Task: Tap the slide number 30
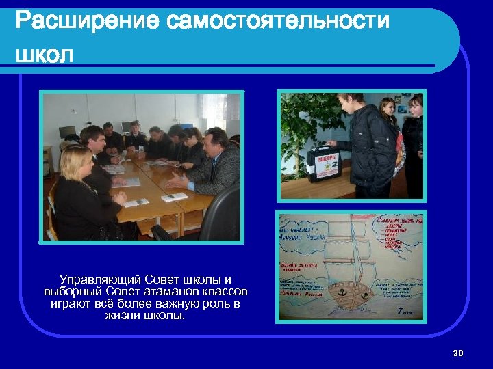[x=458, y=353]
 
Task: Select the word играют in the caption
[x=73, y=304]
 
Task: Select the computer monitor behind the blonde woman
[x=67, y=132]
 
